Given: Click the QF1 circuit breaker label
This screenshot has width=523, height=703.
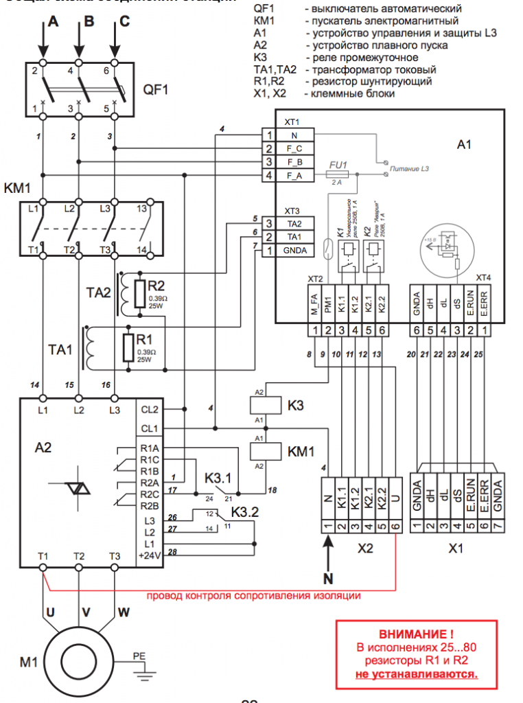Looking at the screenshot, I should (x=155, y=89).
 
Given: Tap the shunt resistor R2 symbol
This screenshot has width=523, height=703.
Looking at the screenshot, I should (x=140, y=291).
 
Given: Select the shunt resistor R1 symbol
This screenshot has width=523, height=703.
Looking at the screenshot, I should (x=128, y=347).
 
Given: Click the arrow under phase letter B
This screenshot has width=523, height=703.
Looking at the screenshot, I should (x=79, y=47).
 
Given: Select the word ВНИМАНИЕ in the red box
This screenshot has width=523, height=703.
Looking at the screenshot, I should (x=416, y=634).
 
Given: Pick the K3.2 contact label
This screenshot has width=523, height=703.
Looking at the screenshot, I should (x=245, y=511).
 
